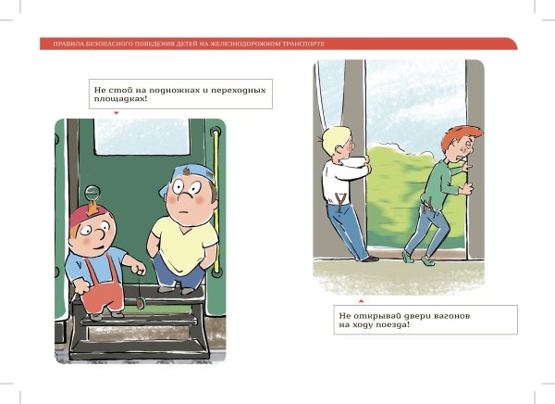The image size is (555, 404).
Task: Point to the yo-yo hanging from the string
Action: [141, 302]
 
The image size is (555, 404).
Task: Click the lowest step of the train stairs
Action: [148, 348]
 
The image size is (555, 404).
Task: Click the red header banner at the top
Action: [277, 43]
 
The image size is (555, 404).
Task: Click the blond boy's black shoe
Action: [370, 259]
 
